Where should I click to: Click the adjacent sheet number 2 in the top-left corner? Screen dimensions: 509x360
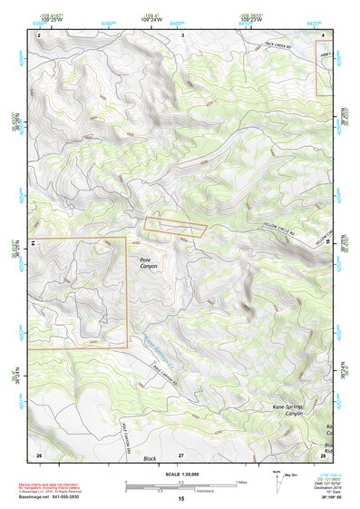pos(40,34)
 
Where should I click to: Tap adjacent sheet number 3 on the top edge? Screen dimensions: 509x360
pos(183,34)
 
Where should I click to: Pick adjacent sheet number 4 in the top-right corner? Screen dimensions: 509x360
pos(326,34)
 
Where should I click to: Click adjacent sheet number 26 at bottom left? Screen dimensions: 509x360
pos(39,454)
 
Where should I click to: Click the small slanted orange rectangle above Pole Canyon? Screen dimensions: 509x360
pos(175,227)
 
